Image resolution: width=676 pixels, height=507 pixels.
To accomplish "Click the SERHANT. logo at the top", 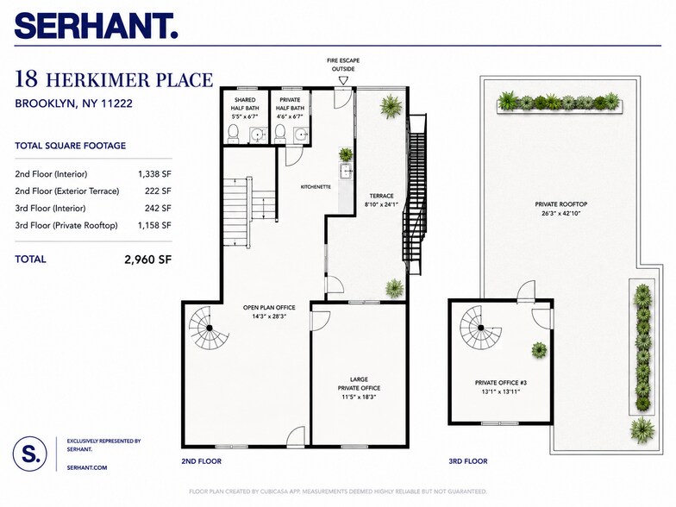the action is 97,26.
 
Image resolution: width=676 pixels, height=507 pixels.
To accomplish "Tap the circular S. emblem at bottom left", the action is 29,454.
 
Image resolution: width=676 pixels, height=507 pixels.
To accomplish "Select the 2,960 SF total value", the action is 148,260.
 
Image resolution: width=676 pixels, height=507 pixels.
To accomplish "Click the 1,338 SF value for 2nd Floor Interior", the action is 154,174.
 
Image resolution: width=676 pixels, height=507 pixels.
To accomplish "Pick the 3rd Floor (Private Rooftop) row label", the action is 66,226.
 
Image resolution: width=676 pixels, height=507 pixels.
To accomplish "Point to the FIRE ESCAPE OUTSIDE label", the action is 343,65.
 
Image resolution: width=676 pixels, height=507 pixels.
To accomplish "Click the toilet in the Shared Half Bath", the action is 233,134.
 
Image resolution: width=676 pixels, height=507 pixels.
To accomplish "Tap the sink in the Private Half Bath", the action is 300,135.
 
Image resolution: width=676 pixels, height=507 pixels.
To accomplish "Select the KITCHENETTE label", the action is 316,187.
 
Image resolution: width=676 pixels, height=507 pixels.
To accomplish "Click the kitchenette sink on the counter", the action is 347,171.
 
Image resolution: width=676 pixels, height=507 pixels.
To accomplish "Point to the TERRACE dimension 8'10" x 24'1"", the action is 381,205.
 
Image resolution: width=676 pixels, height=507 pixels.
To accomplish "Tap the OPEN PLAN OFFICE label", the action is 269,307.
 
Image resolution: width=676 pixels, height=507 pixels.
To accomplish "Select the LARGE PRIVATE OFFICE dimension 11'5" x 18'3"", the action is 359,397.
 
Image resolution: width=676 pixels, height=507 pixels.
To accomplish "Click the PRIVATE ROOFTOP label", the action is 560,204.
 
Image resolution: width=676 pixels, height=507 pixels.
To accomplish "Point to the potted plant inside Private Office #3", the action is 539,350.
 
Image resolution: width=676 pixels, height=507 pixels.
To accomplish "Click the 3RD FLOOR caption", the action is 467,461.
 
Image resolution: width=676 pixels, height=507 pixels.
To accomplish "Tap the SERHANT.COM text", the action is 87,467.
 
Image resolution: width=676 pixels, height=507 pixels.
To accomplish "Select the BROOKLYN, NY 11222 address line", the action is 74,103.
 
